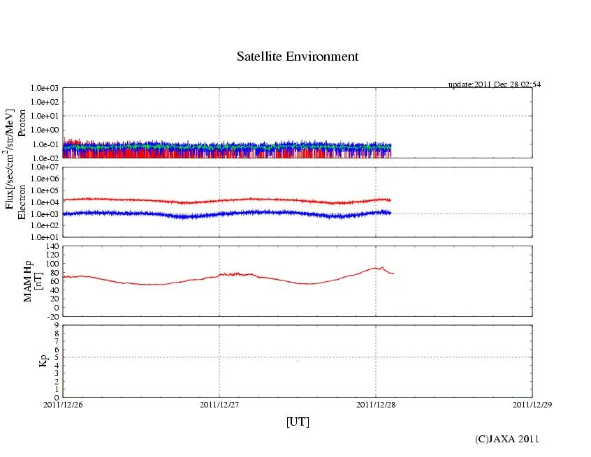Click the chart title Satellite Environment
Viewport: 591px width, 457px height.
(x=298, y=57)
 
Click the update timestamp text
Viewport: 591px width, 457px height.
(x=494, y=84)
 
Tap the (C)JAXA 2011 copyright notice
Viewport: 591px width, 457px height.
(x=506, y=439)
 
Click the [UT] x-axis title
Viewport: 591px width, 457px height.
(x=298, y=421)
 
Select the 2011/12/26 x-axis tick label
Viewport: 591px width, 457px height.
(x=63, y=404)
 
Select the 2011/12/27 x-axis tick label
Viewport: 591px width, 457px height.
(x=219, y=404)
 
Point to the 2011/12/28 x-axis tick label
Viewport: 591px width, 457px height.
(x=376, y=404)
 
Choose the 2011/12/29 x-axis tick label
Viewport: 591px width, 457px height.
(x=532, y=404)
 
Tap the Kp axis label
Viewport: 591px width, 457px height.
(x=24, y=361)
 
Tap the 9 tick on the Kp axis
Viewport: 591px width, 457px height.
(x=56, y=325)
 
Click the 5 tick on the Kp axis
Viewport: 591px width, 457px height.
(x=56, y=357)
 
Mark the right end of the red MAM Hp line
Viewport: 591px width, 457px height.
(x=393, y=274)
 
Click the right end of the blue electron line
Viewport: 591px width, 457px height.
(x=391, y=212)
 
